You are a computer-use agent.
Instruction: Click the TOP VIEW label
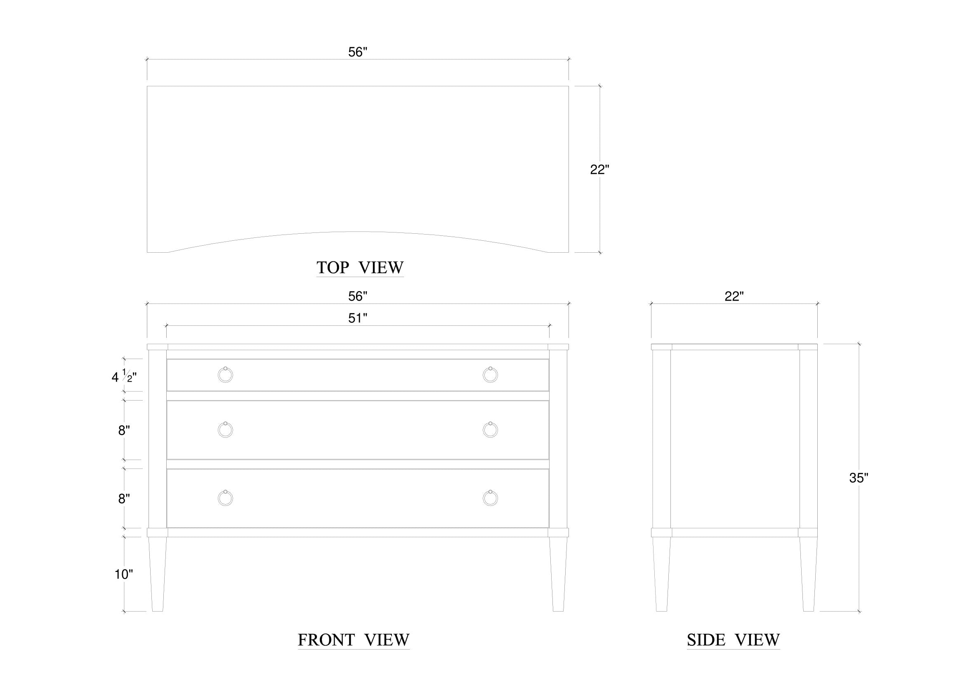pyautogui.click(x=360, y=268)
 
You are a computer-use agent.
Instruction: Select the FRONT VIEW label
pyautogui.click(x=354, y=640)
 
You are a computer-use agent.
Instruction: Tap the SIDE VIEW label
pyautogui.click(x=734, y=640)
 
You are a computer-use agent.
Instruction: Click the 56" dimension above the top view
pyautogui.click(x=358, y=52)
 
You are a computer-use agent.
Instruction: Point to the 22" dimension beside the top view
pyautogui.click(x=600, y=169)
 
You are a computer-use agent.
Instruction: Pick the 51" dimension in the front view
pyautogui.click(x=358, y=318)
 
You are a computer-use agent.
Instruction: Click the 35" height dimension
pyautogui.click(x=859, y=478)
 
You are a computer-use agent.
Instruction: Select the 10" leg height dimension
pyautogui.click(x=124, y=574)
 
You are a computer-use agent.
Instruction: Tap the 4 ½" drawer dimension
pyautogui.click(x=124, y=376)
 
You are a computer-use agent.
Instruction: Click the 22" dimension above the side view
pyautogui.click(x=734, y=296)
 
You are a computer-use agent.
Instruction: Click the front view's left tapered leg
pyautogui.click(x=158, y=574)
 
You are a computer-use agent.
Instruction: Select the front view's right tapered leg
pyautogui.click(x=558, y=574)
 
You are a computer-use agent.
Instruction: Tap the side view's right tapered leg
pyautogui.click(x=808, y=574)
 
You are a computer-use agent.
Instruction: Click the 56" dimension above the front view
pyautogui.click(x=358, y=296)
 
